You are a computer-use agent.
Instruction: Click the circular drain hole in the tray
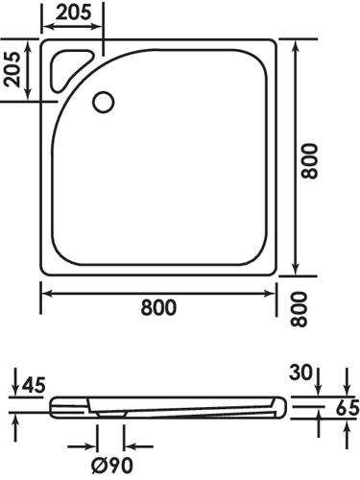tap(103, 102)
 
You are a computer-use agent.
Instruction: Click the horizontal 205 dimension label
tap(75, 12)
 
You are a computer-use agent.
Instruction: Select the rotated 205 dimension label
tap(12, 69)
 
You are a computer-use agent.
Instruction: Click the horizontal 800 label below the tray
tap(158, 307)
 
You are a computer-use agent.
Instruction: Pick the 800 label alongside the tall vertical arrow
tap(309, 161)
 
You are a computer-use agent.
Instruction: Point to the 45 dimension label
tap(34, 385)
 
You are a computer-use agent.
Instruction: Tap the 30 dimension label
tap(300, 372)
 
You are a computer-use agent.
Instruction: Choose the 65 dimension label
tap(348, 408)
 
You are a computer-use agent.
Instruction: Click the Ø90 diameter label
tap(111, 466)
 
